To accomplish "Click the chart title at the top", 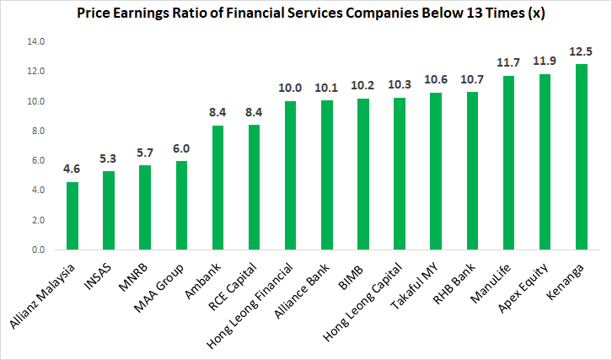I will point(305,13).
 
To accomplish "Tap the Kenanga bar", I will point(581,157).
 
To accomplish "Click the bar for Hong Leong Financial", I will point(291,175).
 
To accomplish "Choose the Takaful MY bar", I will point(436,171).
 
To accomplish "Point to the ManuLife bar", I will point(508,163).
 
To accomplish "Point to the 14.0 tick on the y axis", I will point(36,42).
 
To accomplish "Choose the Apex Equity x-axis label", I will point(526,287).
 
